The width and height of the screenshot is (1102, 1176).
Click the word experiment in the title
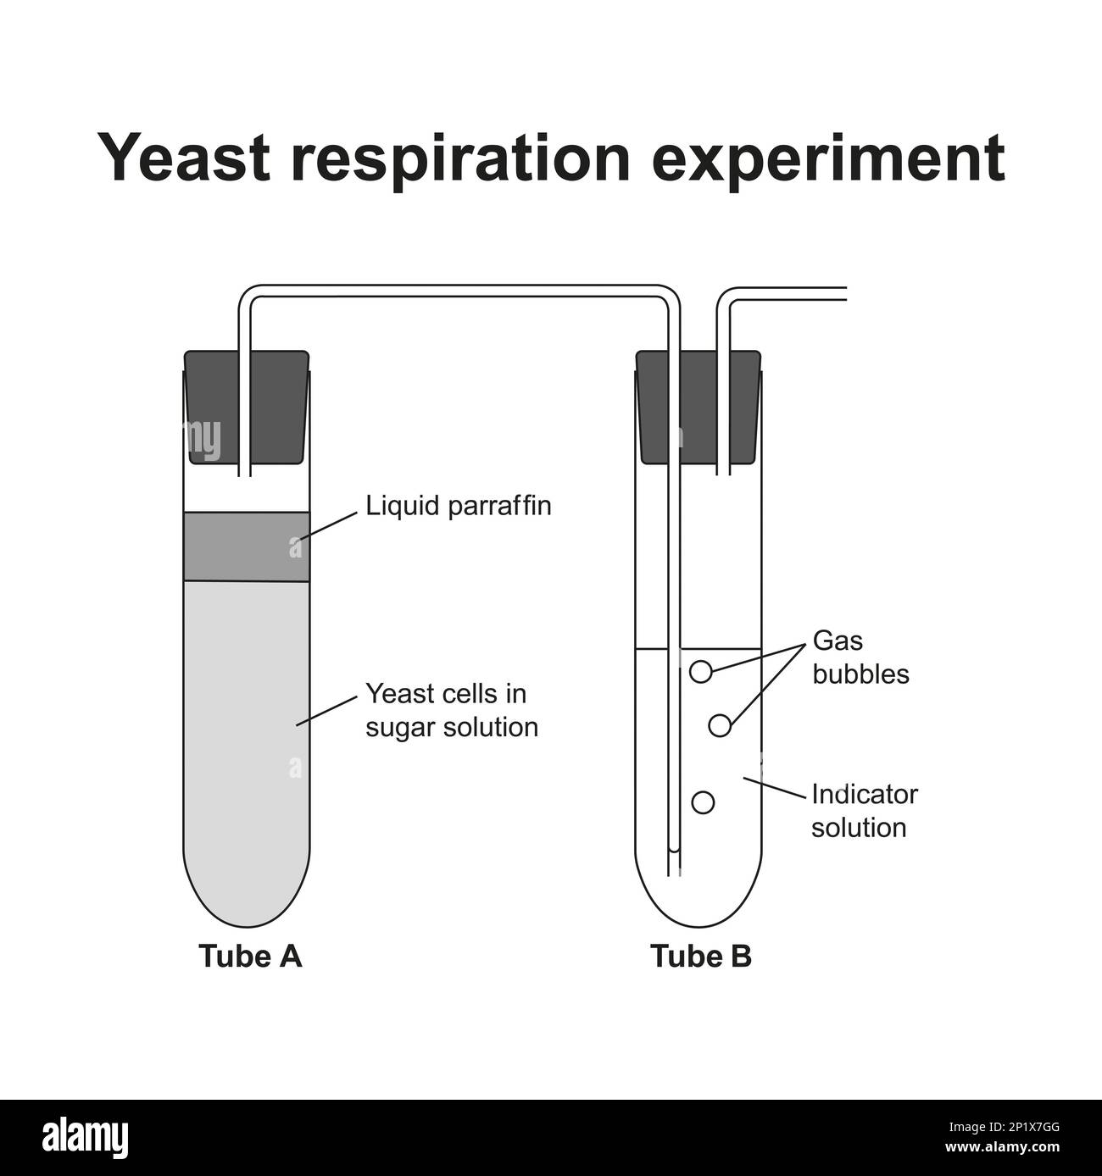pyautogui.click(x=831, y=158)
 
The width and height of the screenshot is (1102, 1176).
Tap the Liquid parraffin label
pyautogui.click(x=458, y=506)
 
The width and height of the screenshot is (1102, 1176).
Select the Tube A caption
pyautogui.click(x=250, y=956)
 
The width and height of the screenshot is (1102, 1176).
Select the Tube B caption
pyautogui.click(x=701, y=956)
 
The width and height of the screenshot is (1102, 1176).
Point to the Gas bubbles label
pyautogui.click(x=860, y=657)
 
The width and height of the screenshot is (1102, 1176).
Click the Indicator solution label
pyautogui.click(x=864, y=810)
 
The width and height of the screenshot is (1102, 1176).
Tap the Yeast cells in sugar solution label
pyautogui.click(x=451, y=710)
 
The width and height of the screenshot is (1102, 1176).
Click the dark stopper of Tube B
pyautogui.click(x=697, y=407)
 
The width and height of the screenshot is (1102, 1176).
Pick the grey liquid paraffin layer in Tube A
pyautogui.click(x=246, y=546)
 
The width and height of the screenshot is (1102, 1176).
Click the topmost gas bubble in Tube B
pyautogui.click(x=700, y=671)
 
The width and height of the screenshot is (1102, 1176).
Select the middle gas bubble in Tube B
pyautogui.click(x=719, y=725)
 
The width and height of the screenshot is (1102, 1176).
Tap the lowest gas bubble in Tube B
pyautogui.click(x=703, y=802)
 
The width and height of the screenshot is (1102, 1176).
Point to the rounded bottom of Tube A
pyautogui.click(x=246, y=898)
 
